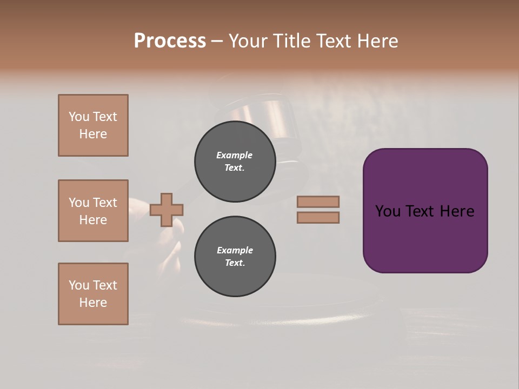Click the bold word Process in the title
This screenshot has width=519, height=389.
[170, 41]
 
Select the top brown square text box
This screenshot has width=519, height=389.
[93, 125]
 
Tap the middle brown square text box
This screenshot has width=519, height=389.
[93, 211]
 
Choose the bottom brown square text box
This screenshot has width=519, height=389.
[93, 294]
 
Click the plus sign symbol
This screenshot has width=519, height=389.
[167, 210]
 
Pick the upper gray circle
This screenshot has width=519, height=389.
[235, 162]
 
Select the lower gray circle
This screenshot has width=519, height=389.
[235, 257]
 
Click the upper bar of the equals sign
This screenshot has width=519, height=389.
[318, 202]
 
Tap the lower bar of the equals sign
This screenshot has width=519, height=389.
[318, 217]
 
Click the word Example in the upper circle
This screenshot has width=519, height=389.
[235, 155]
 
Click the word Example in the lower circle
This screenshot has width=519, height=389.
[235, 250]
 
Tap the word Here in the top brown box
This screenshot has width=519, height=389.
[93, 134]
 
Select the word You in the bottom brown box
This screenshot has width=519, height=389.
[79, 285]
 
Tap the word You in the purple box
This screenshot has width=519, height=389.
[388, 211]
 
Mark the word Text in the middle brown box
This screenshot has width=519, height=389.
[104, 203]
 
